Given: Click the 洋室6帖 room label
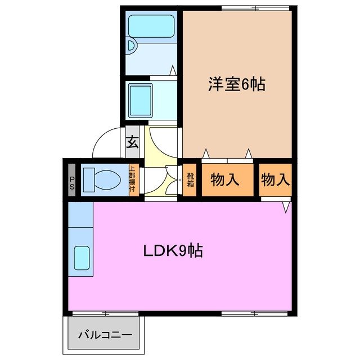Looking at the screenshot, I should tap(236, 84).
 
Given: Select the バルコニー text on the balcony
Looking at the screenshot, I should tap(105, 335).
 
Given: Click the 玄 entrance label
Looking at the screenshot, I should tap(132, 143).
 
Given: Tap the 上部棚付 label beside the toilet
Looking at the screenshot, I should tap(132, 179).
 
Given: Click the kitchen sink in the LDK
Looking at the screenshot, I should tap(82, 259).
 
